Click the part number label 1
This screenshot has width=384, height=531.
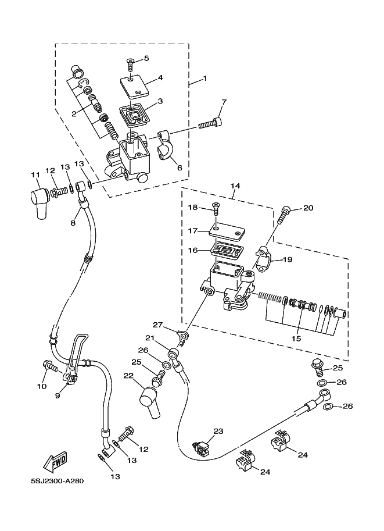point(204,79)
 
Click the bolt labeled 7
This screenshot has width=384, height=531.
point(210,123)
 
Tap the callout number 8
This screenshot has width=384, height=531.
point(74,222)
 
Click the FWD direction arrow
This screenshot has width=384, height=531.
point(56,463)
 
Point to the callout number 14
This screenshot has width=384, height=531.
point(235,186)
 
